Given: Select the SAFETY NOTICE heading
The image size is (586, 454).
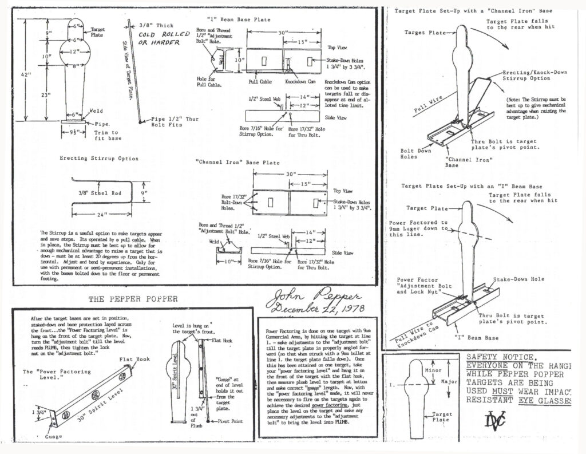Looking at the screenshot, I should tap(501, 356).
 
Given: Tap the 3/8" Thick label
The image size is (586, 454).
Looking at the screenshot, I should tap(156, 25).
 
